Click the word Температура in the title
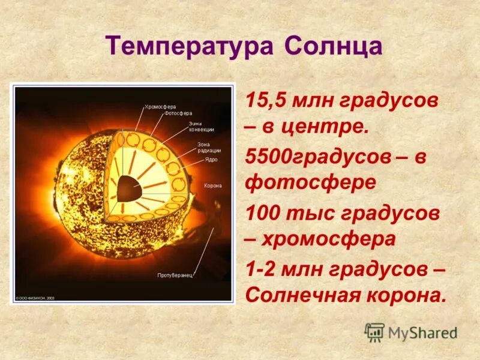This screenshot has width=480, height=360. coord(186,46)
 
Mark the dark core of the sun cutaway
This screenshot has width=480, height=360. coord(127,190)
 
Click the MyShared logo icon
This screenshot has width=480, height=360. coord(374,332)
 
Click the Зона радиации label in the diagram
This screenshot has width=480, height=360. coord(209,148)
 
